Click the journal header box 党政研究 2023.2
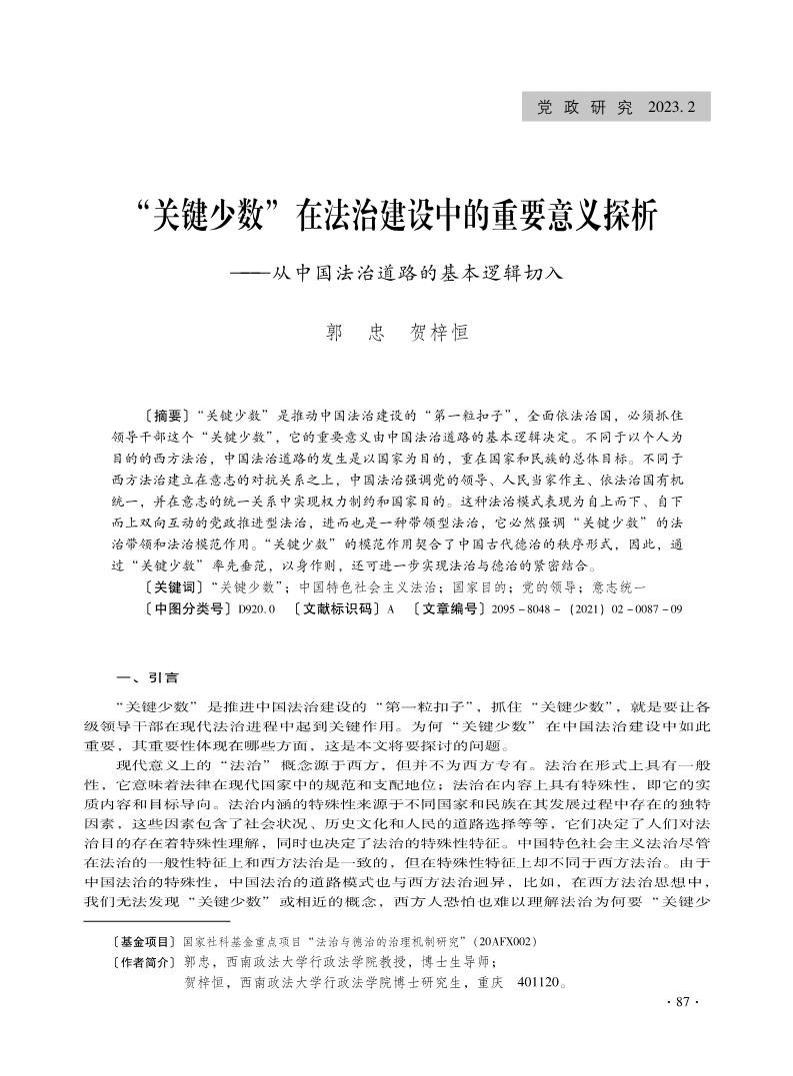[616, 106]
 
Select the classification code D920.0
[255, 579]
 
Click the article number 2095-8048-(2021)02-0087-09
[581, 579]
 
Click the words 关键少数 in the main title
[205, 216]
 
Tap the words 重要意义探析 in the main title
[575, 216]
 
